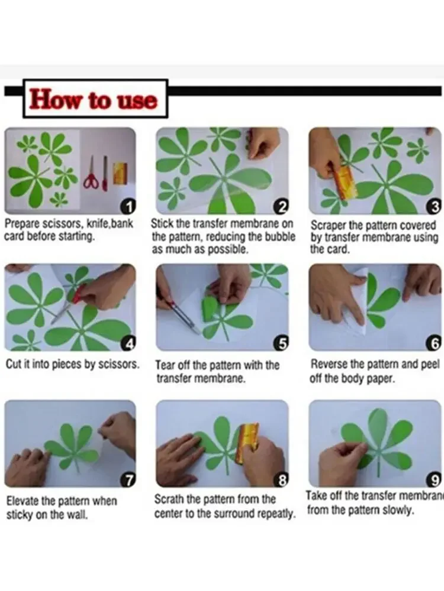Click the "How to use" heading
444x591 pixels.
[94, 99]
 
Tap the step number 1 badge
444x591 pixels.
[128, 207]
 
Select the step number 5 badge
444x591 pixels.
[281, 343]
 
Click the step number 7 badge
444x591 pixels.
[128, 480]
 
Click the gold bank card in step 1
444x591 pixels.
[121, 173]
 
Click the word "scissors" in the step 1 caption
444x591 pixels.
[63, 223]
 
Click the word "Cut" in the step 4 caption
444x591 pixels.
[14, 364]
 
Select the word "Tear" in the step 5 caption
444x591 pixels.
[165, 365]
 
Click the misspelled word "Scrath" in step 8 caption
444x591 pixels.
[169, 499]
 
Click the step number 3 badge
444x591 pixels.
[435, 206]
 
